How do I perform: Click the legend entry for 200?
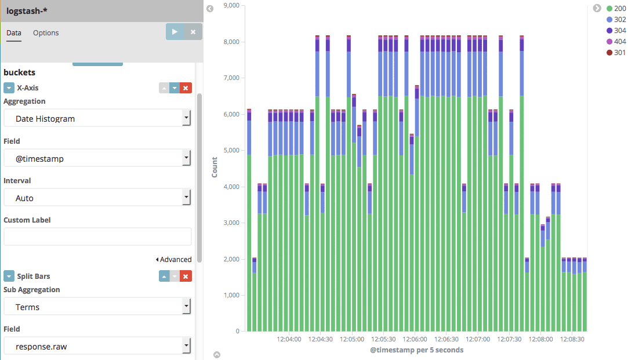pos(616,9)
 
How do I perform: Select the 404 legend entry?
pos(616,42)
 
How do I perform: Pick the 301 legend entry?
pos(616,52)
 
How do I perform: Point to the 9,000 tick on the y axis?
pos(231,5)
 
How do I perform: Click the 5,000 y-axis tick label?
pos(231,150)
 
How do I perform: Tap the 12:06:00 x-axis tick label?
pos(415,339)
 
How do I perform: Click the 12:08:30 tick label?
pos(572,339)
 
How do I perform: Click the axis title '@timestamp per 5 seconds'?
pos(416,350)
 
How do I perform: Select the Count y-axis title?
pos(215,168)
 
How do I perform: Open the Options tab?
pos(46,33)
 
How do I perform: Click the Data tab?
pos(13,33)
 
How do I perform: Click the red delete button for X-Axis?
pos(186,88)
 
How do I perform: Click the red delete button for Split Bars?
pos(186,276)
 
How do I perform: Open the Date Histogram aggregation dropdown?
pos(97,118)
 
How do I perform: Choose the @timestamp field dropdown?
pos(97,158)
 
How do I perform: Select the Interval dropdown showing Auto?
pos(97,198)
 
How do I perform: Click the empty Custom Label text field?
pos(97,237)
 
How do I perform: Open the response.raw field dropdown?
pos(97,346)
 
